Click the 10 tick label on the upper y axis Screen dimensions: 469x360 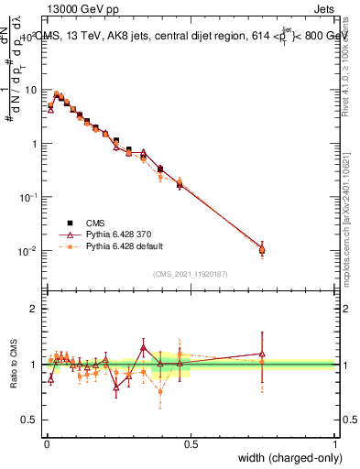[30, 90]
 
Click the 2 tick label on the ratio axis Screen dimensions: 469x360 [35, 309]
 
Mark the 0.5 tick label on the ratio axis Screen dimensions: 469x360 [31, 420]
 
